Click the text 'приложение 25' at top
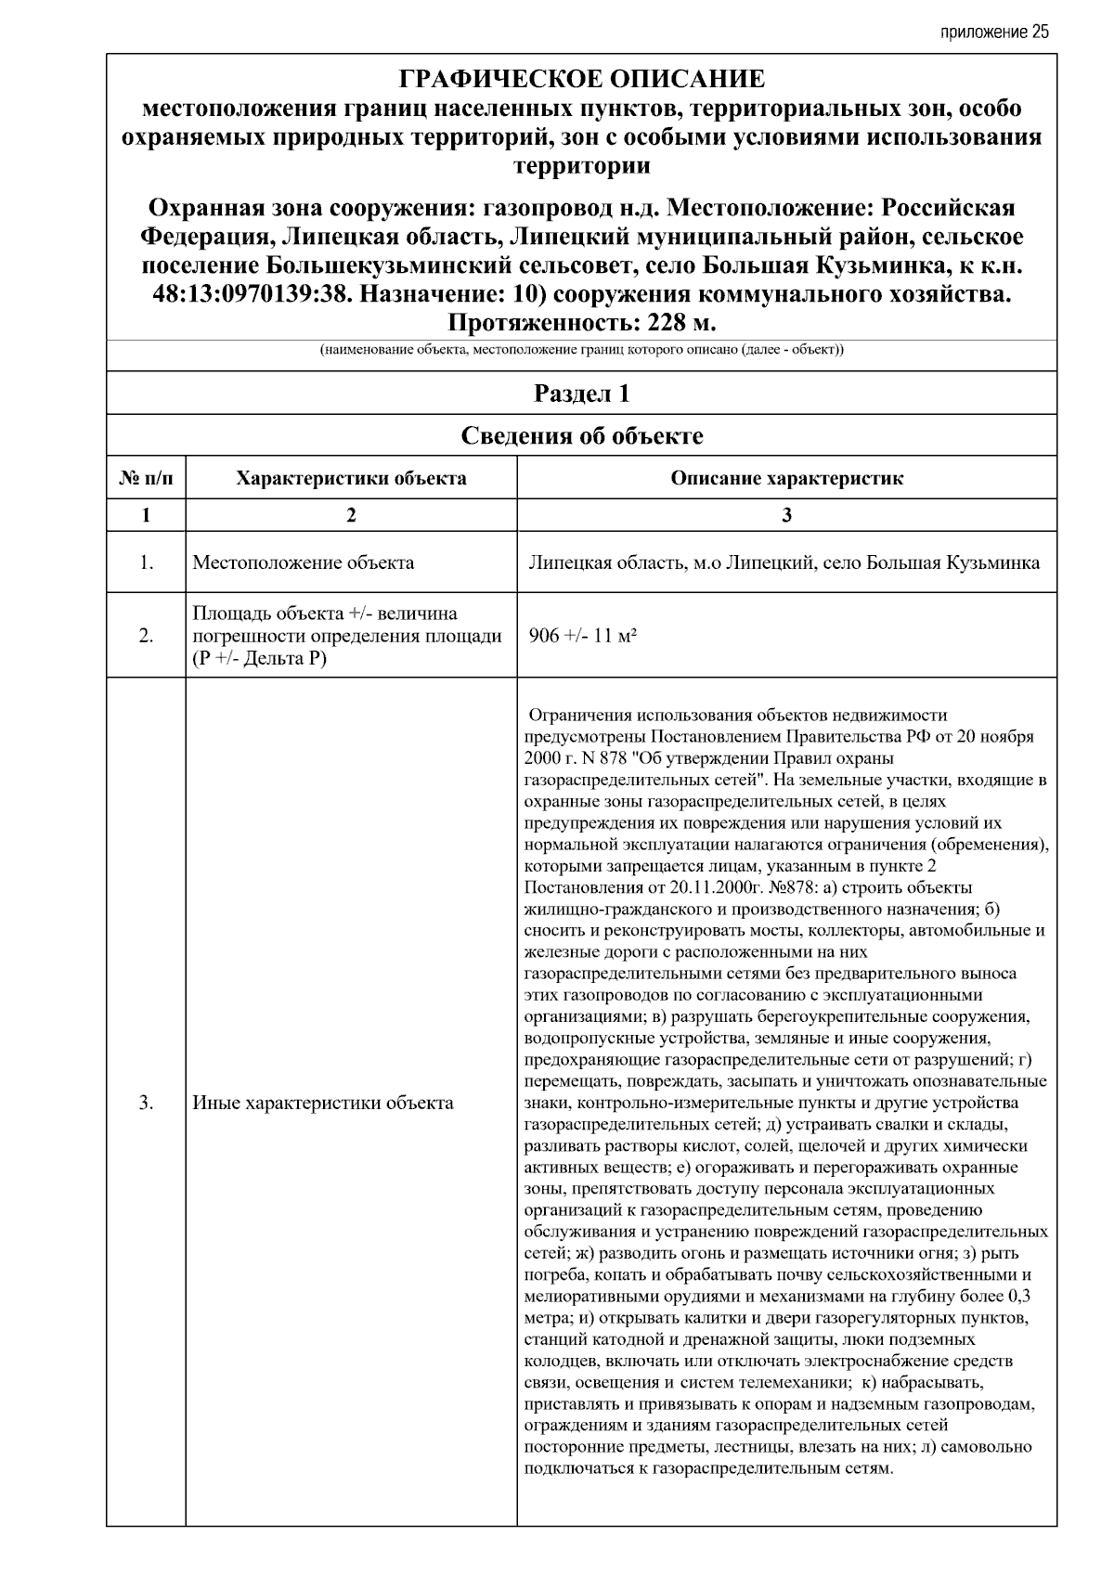pos(994,32)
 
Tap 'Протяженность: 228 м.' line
pos(582,323)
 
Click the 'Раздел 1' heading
pos(582,394)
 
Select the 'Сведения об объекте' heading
pos(582,435)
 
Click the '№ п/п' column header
pos(146,479)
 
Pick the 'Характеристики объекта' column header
pos(351,479)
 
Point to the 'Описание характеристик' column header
pos(786,479)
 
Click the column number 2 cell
pos(351,515)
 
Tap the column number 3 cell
pos(786,515)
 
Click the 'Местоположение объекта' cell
pos(303,562)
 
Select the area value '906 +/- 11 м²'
pos(582,636)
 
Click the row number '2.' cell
pos(146,636)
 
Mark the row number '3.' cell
pos(146,1103)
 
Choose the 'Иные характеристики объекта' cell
pos(323,1103)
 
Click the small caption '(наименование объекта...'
pos(582,351)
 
